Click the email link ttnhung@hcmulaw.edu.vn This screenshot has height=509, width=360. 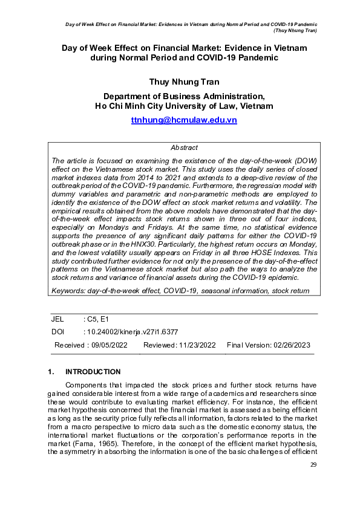point(184,120)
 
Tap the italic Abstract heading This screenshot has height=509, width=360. point(184,148)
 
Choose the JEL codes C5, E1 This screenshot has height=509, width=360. point(97,319)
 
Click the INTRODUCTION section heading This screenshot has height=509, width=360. point(93,372)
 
